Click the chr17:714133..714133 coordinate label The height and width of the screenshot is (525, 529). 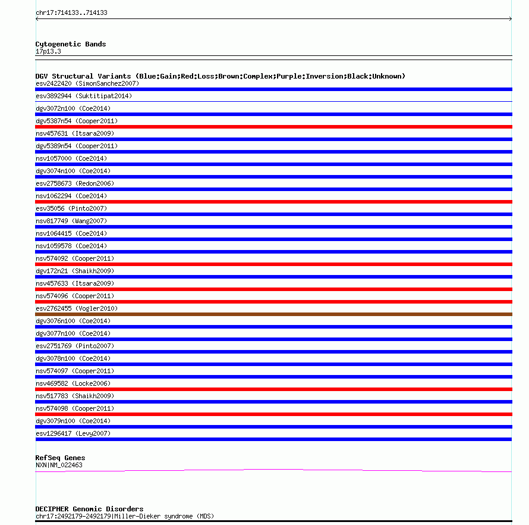[71, 12]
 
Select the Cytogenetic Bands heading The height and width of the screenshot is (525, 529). [71, 44]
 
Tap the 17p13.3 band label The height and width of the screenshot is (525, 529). [48, 51]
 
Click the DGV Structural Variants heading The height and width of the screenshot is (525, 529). [220, 76]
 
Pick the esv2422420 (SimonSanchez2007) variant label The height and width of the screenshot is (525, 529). [87, 83]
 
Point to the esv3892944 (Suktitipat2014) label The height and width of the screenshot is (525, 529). [84, 96]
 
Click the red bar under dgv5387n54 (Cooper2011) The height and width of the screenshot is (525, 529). [273, 126]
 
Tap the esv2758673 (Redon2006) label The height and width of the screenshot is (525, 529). [75, 183]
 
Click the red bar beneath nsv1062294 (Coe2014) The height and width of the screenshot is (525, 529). [273, 201]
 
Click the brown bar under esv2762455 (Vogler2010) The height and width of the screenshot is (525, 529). [273, 314]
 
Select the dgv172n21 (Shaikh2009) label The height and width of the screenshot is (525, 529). [75, 271]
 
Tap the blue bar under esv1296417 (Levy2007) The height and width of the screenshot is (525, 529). [273, 439]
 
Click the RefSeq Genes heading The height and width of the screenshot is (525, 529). [60, 458]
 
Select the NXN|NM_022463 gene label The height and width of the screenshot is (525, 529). [59, 465]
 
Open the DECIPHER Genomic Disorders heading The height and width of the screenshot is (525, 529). [89, 509]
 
